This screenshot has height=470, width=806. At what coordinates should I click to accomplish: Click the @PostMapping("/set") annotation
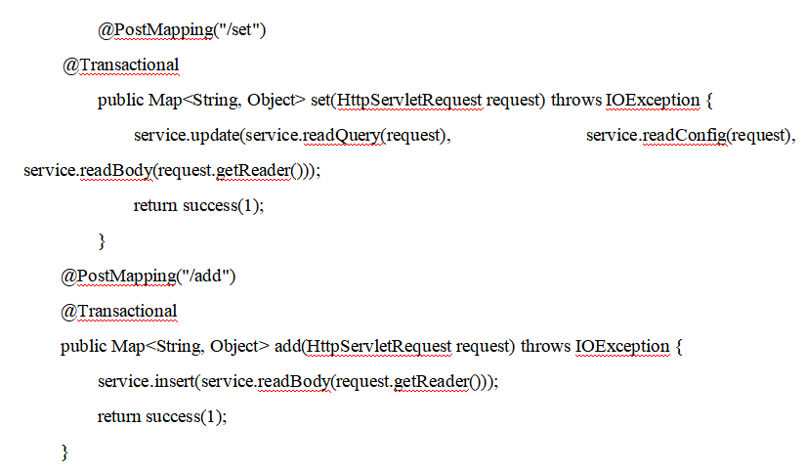[x=182, y=30]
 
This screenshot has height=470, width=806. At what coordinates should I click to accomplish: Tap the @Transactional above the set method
[x=120, y=64]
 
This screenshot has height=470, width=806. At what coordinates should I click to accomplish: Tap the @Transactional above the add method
[x=120, y=311]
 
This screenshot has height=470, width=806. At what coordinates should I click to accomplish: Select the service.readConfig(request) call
[x=690, y=135]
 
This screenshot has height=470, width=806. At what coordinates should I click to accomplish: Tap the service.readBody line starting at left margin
[x=171, y=170]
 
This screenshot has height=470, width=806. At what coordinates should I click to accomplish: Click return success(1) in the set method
[x=198, y=205]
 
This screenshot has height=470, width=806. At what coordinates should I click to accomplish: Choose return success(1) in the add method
[x=162, y=416]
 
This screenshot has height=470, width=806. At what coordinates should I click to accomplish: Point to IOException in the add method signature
[x=621, y=346]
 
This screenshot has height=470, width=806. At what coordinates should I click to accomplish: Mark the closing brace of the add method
[x=65, y=451]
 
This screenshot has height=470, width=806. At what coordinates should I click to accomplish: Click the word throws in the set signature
[x=575, y=100]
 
